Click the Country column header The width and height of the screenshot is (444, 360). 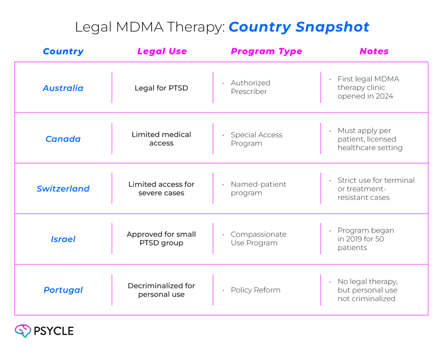coord(63,51)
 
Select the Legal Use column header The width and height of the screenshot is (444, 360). coord(162,51)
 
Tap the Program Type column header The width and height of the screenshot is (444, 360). coord(267,51)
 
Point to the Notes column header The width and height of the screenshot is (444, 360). coord(374,51)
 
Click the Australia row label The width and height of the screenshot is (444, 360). coord(63,88)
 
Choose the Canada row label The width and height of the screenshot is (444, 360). coord(63,139)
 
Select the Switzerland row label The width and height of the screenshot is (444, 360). coord(63,188)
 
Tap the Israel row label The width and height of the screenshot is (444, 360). coord(63,239)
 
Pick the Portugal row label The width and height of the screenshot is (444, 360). coord(63,290)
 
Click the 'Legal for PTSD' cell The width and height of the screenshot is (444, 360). coord(161,88)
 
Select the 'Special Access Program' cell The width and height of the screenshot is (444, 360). coord(257,139)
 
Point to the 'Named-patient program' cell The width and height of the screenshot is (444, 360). coord(258,188)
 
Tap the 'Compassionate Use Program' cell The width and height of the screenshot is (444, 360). coord(258,239)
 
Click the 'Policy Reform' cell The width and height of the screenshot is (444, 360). coord(255,290)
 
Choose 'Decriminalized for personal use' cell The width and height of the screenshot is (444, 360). coord(161,290)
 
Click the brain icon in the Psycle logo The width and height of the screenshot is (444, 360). coord(23,331)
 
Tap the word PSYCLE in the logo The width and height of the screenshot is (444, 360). coord(54,331)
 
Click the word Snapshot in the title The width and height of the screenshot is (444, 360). coord(333,27)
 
